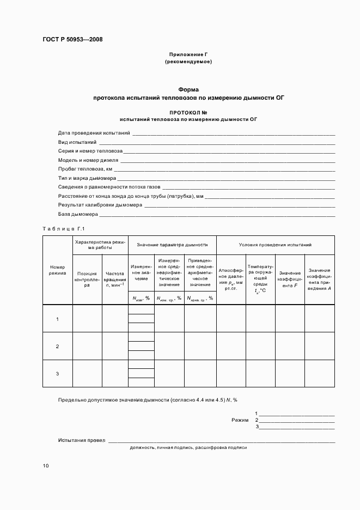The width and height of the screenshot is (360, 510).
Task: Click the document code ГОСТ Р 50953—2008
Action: (x=72, y=39)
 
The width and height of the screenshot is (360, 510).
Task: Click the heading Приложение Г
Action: (x=188, y=54)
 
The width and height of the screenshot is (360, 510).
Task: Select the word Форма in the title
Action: (x=188, y=89)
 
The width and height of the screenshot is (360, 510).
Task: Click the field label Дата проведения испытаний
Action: (x=94, y=133)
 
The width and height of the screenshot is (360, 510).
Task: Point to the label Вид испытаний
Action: (x=77, y=142)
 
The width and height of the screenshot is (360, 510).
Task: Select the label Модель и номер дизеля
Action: (x=88, y=160)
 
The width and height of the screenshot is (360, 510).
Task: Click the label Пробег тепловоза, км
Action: (x=85, y=169)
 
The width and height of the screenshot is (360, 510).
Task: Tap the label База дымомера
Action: (x=78, y=214)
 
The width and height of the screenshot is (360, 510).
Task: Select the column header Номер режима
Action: (x=57, y=270)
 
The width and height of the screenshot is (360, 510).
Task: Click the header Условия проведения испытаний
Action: (x=275, y=245)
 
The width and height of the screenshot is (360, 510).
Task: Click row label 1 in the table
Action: (x=58, y=319)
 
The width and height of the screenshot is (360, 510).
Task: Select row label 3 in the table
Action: (x=58, y=374)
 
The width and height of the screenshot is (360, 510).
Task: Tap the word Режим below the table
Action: (x=240, y=420)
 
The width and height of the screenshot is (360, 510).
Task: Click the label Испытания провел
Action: (x=82, y=440)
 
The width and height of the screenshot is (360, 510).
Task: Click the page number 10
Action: (x=46, y=466)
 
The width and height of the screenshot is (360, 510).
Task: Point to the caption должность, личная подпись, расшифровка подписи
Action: (x=188, y=447)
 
